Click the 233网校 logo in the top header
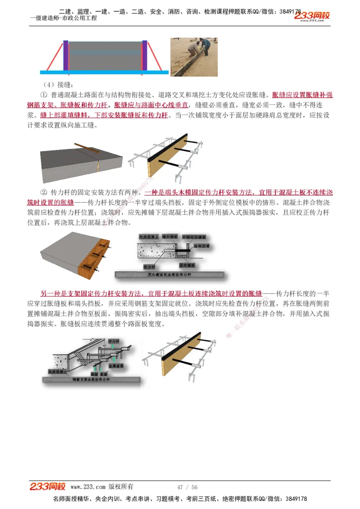tap(312, 16)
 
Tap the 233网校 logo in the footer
tap(48, 487)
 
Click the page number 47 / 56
tap(187, 487)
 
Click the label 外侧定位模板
tap(194, 237)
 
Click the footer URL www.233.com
tap(88, 487)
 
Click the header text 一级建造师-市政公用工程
tap(63, 18)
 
